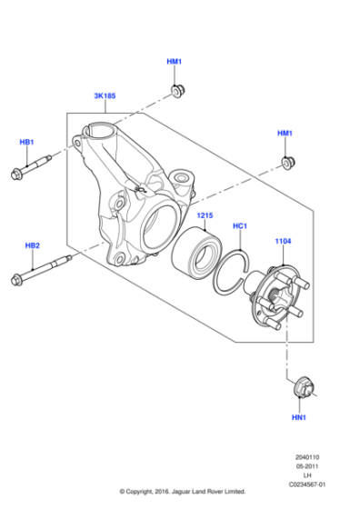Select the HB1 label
(27, 143)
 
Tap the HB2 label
(32, 246)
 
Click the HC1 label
(240, 225)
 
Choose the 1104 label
(284, 242)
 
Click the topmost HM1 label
(175, 61)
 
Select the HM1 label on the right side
(285, 134)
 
